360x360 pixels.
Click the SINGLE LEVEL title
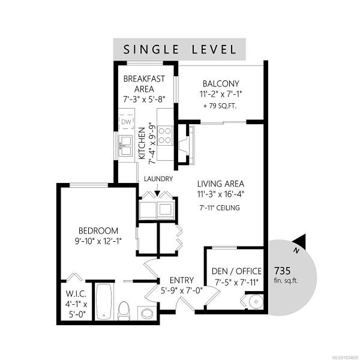pyautogui.click(x=179, y=49)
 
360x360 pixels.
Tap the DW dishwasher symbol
pyautogui.click(x=126, y=122)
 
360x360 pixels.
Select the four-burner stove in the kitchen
pyautogui.click(x=166, y=136)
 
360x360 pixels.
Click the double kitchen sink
pyautogui.click(x=125, y=146)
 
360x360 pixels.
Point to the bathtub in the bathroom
pyautogui.click(x=104, y=301)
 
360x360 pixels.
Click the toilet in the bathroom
pyautogui.click(x=124, y=310)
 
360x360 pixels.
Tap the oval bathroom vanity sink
pyautogui.click(x=147, y=313)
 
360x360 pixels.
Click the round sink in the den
pyautogui.click(x=256, y=301)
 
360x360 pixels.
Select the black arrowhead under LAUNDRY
pyautogui.click(x=157, y=194)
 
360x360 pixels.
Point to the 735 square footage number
pyautogui.click(x=282, y=271)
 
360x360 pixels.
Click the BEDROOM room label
pyautogui.click(x=98, y=231)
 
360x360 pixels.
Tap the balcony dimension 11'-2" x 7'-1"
pyautogui.click(x=221, y=94)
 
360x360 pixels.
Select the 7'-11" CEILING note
pyautogui.click(x=220, y=208)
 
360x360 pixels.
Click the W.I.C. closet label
pyautogui.click(x=76, y=293)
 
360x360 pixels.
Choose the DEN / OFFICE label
pyautogui.click(x=236, y=271)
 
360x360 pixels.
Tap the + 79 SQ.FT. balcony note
pyautogui.click(x=220, y=106)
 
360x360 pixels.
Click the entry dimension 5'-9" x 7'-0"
pyautogui.click(x=181, y=291)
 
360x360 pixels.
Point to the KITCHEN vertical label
pyautogui.click(x=142, y=143)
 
